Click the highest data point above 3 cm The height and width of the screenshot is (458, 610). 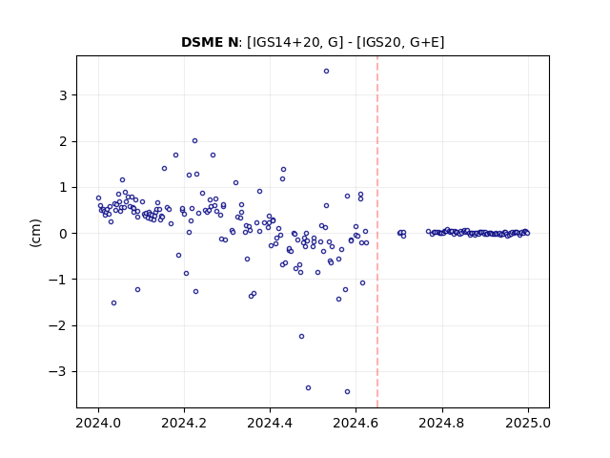click(x=326, y=72)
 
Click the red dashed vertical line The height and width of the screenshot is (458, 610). click(x=377, y=232)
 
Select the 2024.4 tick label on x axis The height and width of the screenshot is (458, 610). click(x=270, y=423)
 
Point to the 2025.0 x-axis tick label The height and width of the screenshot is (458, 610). click(x=528, y=423)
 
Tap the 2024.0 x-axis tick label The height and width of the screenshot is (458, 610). click(x=98, y=423)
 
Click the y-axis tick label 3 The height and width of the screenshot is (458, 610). click(x=63, y=95)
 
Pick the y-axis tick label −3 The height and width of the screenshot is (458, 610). click(x=58, y=372)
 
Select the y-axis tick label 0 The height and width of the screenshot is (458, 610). click(x=63, y=234)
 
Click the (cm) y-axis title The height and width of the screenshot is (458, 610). click(x=35, y=233)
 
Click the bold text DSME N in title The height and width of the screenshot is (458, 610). click(x=210, y=42)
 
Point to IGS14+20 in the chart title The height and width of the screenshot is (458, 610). click(x=284, y=42)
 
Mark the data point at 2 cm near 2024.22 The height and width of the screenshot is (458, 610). click(x=194, y=141)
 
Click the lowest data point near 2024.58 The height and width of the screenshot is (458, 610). click(x=347, y=392)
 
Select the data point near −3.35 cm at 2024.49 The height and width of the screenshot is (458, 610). click(x=308, y=388)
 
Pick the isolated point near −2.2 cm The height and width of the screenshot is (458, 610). click(x=301, y=337)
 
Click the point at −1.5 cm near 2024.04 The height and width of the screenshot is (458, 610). click(x=113, y=303)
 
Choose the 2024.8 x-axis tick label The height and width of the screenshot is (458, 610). click(x=441, y=423)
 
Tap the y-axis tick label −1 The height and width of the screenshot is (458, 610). click(x=58, y=280)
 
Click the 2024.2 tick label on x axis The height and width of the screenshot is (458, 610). click(x=184, y=423)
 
